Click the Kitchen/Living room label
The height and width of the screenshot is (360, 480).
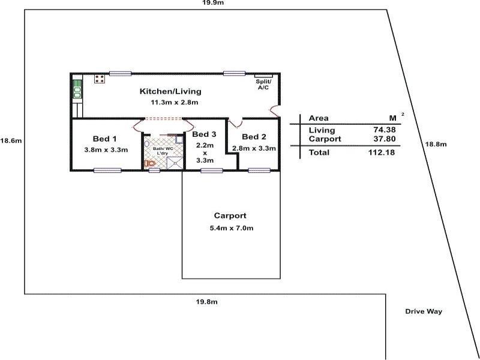170,92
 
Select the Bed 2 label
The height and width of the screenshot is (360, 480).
254,137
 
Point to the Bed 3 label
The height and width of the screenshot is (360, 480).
205,134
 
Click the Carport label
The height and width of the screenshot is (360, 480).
230,215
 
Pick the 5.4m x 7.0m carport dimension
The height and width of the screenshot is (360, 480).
230,228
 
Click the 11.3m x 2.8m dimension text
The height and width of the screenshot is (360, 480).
174,103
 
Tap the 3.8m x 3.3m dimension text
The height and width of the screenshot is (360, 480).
106,149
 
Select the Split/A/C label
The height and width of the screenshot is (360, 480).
263,84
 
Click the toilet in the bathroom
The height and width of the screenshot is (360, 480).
149,163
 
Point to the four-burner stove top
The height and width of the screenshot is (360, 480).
100,79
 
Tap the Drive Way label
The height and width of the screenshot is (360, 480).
423,311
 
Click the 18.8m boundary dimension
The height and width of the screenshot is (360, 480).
435,144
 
